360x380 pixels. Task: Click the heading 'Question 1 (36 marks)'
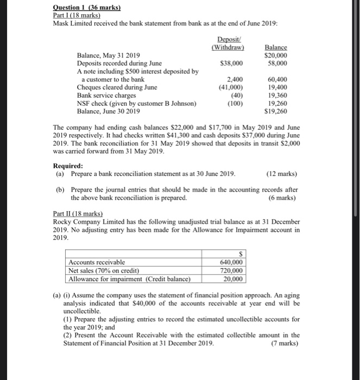[86, 8]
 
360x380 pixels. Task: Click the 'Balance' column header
[276, 48]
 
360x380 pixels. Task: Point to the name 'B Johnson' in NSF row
[179, 103]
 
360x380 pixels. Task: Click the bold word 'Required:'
[68, 166]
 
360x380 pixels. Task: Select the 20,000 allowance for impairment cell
[233, 278]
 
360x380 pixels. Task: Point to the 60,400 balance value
[276, 79]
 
